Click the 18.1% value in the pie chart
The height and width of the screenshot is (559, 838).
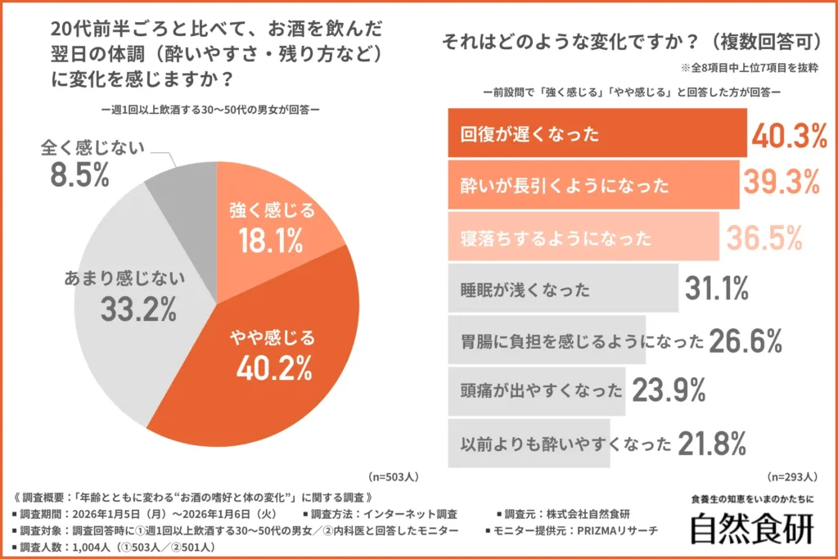point(270,240)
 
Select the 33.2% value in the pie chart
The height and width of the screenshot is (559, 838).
point(138,309)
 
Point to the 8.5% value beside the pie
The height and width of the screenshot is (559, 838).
point(79,175)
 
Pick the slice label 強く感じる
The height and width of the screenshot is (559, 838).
point(270,210)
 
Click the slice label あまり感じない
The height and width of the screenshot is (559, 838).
point(126,277)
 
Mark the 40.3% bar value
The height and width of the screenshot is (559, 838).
point(789,136)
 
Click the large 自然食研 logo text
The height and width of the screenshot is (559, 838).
point(751,528)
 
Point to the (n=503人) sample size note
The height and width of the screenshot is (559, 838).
point(394,475)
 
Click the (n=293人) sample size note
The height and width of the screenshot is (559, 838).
point(791,475)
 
